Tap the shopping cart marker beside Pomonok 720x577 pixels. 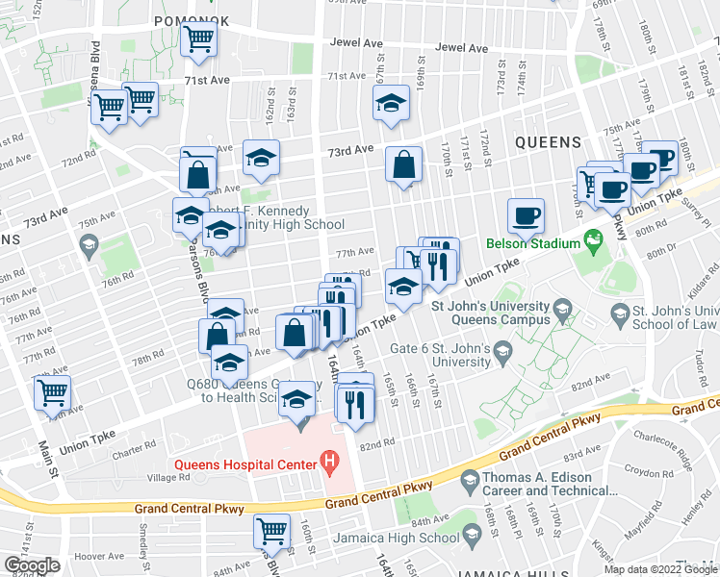199,40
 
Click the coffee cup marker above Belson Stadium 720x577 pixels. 526,215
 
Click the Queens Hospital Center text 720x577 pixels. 245,465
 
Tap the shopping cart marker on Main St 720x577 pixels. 52,393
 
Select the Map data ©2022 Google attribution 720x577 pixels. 660,569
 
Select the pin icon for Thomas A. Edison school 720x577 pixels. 470,479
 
